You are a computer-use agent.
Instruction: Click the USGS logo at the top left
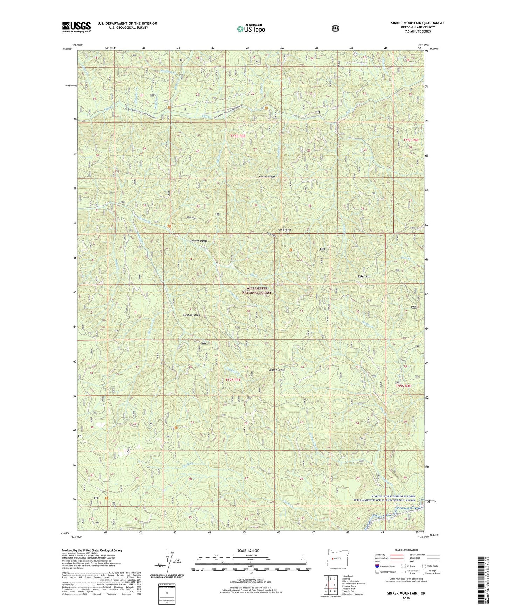click(76, 27)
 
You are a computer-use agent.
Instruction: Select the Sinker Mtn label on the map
click(363, 276)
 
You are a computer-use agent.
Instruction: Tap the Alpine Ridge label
click(277, 370)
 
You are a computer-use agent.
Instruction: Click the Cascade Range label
click(199, 241)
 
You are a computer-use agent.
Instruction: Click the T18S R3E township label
click(238, 136)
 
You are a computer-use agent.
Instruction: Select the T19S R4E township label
click(403, 386)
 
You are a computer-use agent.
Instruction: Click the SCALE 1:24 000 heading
click(248, 550)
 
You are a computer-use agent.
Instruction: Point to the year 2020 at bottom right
click(406, 598)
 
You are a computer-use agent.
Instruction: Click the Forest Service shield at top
click(335, 28)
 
